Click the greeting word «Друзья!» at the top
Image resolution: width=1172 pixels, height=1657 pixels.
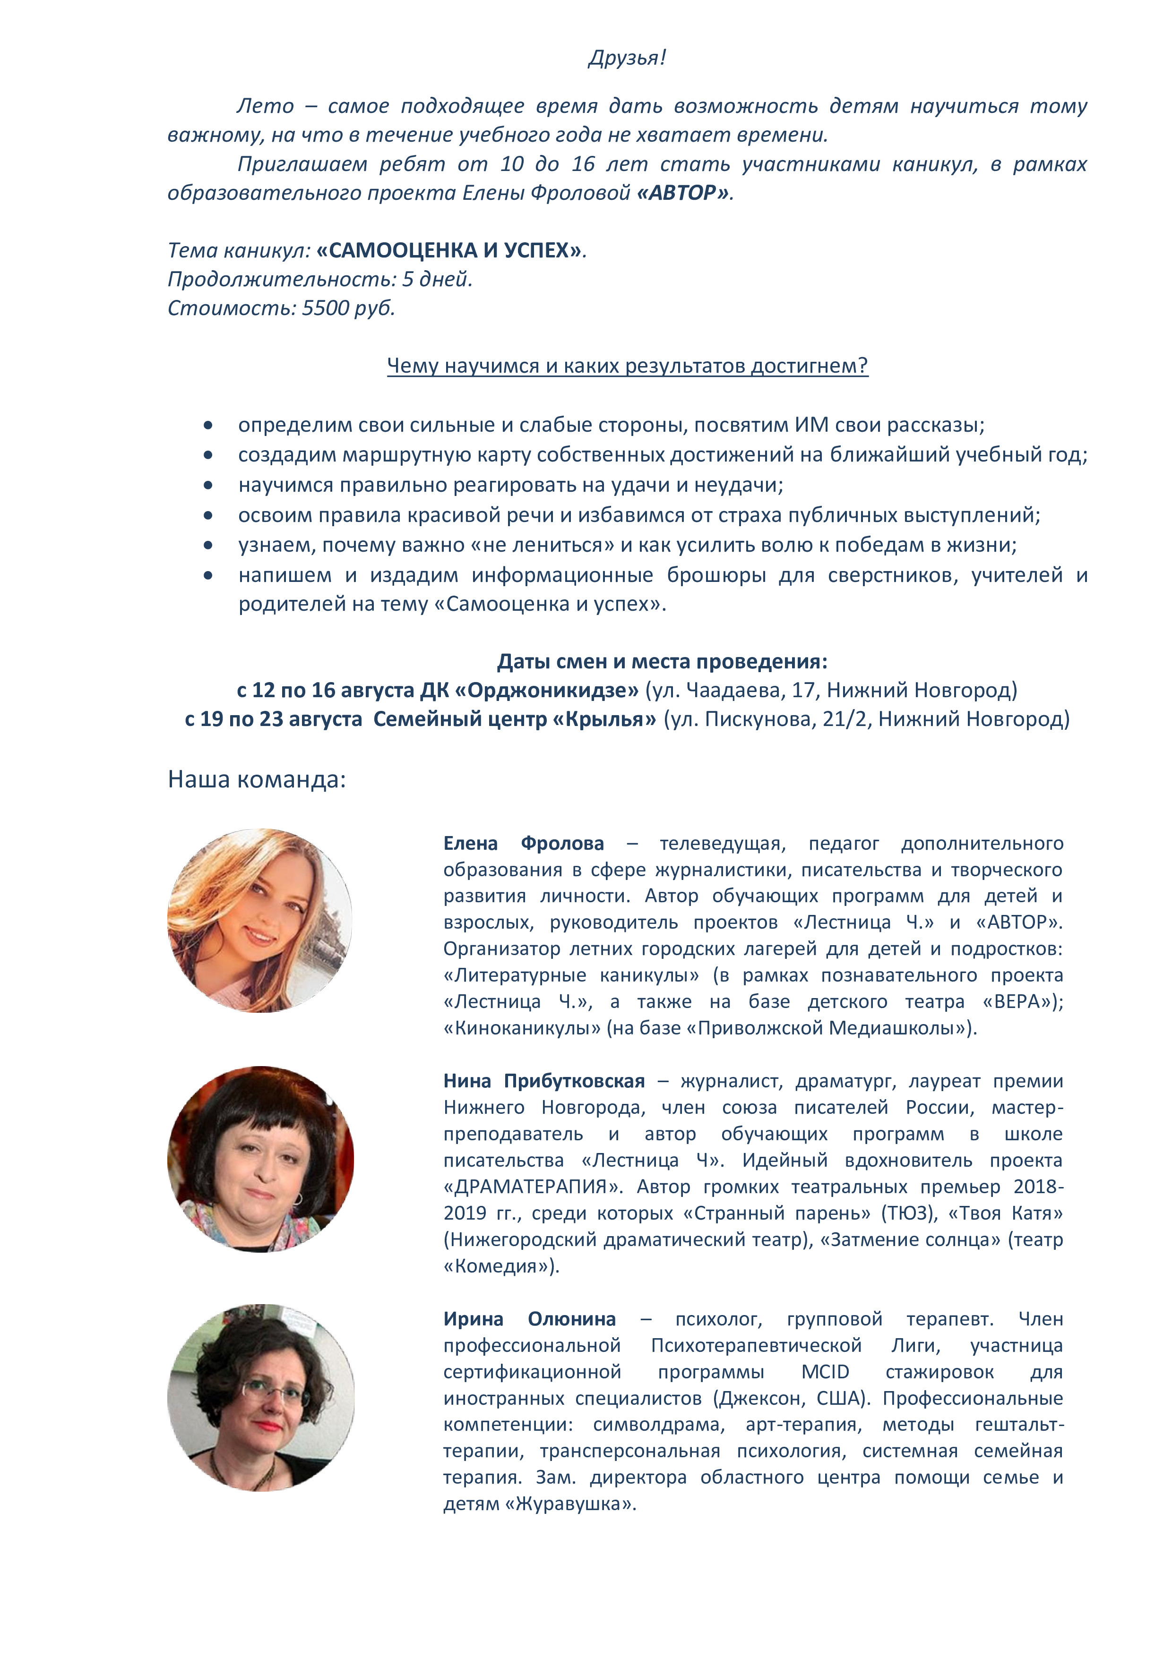[x=627, y=58]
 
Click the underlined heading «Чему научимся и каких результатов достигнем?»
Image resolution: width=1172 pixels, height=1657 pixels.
[x=627, y=366]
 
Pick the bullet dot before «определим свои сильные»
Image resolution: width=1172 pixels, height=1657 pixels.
[x=208, y=426]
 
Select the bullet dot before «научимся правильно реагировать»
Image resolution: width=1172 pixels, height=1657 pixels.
[x=208, y=486]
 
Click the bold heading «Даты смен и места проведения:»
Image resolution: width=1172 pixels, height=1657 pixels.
[x=662, y=661]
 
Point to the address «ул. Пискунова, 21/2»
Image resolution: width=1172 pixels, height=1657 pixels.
[x=744, y=719]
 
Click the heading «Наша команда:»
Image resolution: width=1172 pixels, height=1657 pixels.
[x=256, y=779]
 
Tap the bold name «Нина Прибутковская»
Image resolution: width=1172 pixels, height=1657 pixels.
[x=544, y=1081]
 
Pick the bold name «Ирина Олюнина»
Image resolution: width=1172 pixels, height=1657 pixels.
[x=529, y=1319]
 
